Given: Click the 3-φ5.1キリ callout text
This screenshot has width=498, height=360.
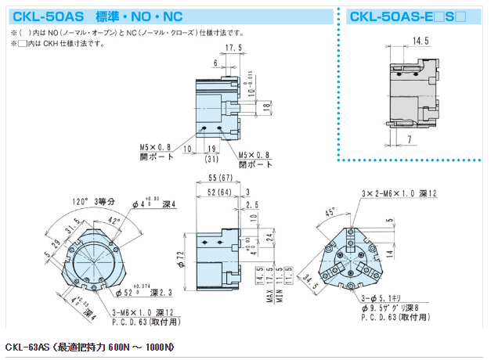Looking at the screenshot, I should click(384, 298).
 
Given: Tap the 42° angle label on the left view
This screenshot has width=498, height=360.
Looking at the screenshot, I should click(116, 221).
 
